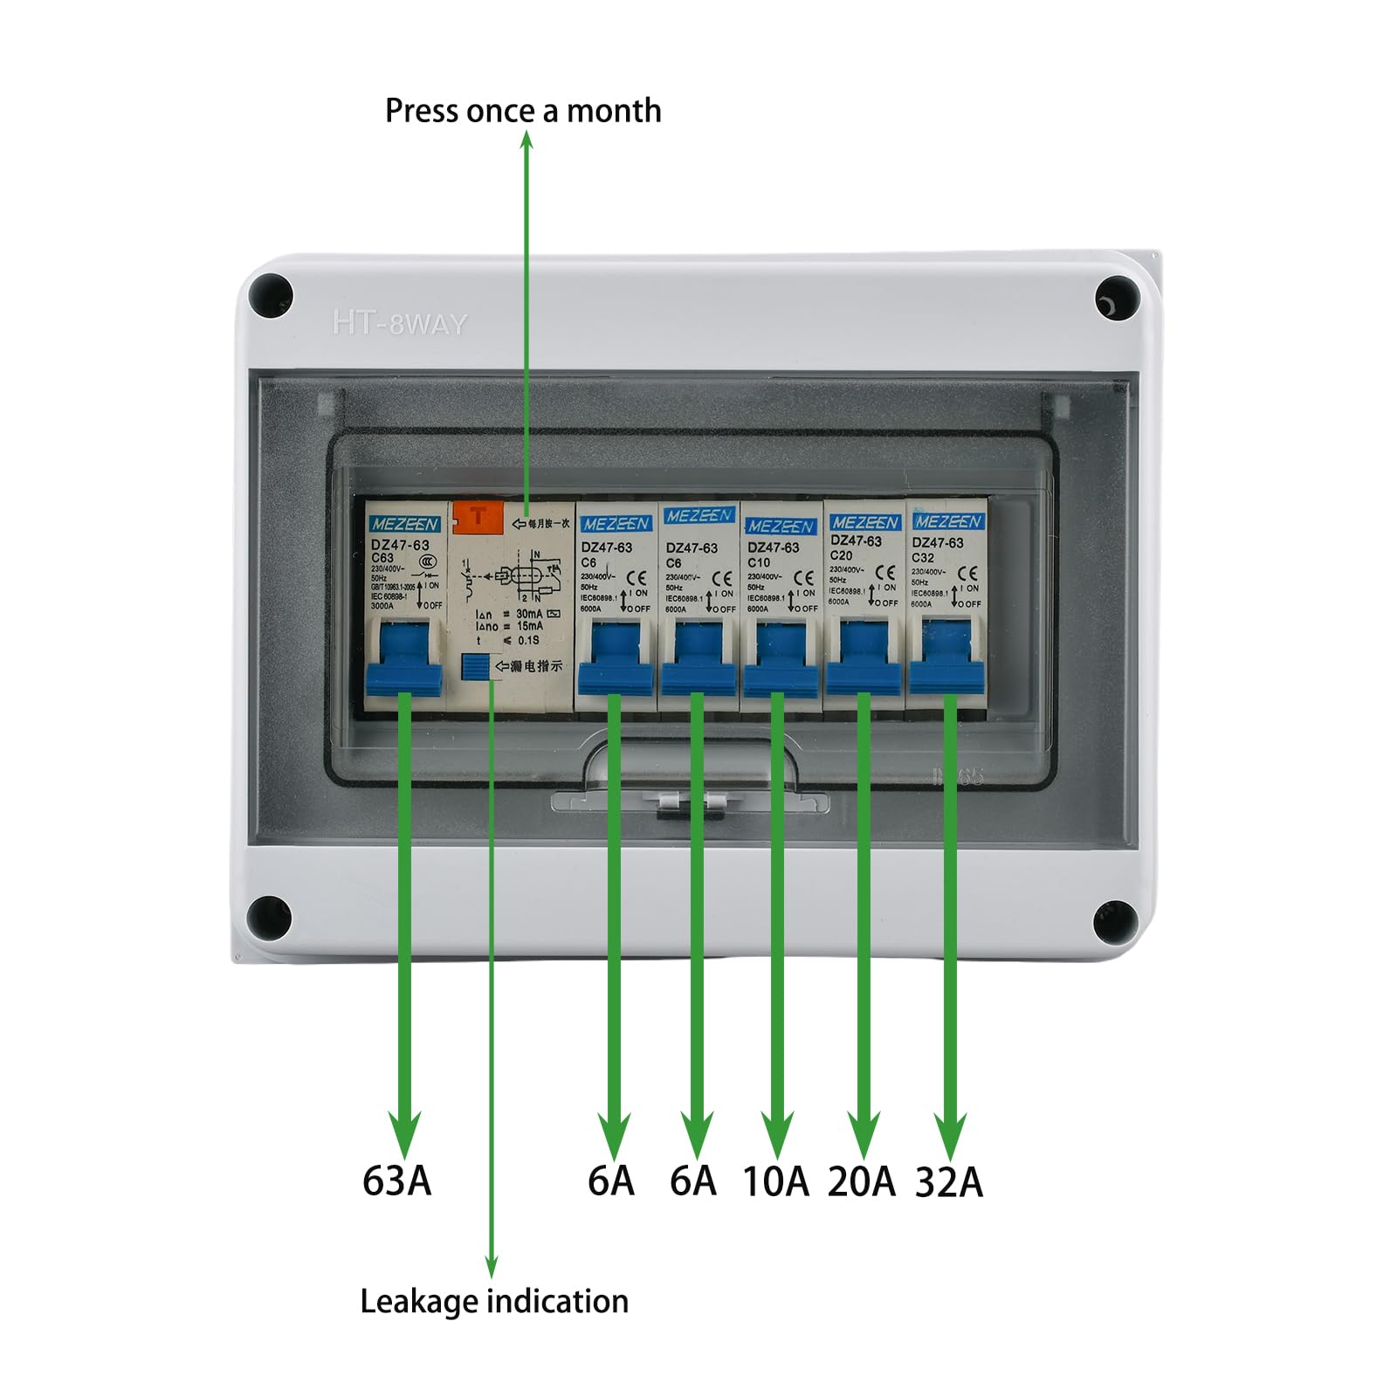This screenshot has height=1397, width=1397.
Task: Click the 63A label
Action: point(397,1181)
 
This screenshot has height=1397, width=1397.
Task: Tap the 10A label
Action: point(775,1181)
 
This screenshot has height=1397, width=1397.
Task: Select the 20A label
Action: point(861,1181)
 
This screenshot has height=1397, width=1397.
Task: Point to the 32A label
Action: point(949,1181)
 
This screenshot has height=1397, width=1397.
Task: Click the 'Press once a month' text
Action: point(523,111)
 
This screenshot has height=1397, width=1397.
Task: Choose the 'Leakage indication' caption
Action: point(494,1301)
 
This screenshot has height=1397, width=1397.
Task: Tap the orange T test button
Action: point(478,516)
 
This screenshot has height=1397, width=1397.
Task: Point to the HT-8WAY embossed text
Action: point(400,324)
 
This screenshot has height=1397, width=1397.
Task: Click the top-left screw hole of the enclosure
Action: point(270,295)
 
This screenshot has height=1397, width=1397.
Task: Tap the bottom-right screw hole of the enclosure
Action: point(1116,920)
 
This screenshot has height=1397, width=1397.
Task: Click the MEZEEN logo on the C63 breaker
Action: point(405,524)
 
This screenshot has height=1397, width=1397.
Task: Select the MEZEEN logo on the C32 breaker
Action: point(948,521)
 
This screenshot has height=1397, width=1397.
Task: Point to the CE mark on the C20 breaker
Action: point(885,573)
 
